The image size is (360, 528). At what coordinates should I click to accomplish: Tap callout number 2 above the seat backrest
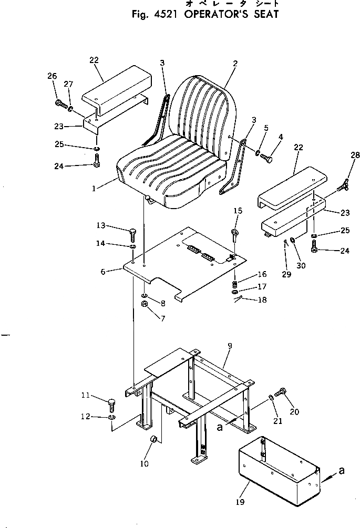pos(235,64)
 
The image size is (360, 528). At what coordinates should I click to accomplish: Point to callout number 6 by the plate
pos(104,271)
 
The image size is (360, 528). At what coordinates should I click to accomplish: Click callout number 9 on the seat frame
pos(229,346)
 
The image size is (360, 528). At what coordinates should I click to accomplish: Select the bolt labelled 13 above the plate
pos(133,231)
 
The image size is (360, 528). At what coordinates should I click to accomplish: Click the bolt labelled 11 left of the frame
pos(111,405)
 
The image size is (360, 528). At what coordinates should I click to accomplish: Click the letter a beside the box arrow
pos(342,471)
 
